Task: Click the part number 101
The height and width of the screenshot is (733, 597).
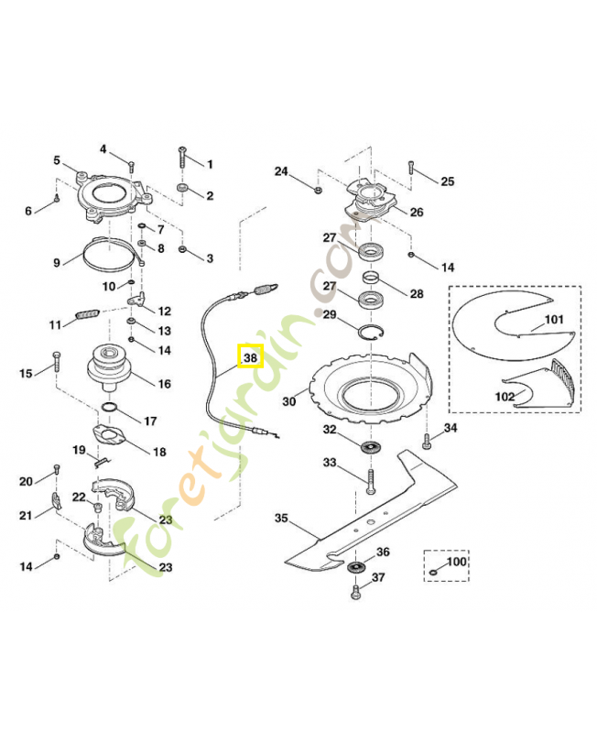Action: (554, 321)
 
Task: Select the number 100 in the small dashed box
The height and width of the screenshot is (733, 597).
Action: (455, 561)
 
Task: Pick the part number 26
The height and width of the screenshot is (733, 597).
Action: (416, 213)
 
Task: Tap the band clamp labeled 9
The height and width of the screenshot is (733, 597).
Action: (112, 256)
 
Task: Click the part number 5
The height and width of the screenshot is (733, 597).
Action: (57, 160)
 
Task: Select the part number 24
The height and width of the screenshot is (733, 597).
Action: (281, 170)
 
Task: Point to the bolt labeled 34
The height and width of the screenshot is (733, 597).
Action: (427, 443)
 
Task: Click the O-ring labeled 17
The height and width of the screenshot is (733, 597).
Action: (109, 406)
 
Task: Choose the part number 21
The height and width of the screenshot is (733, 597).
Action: (26, 515)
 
